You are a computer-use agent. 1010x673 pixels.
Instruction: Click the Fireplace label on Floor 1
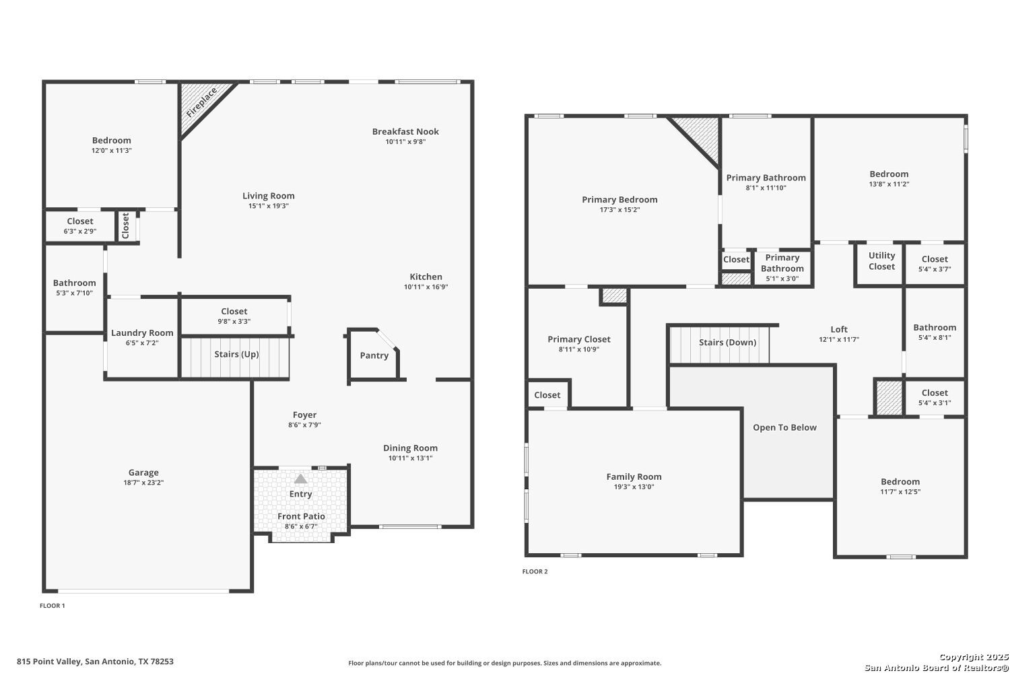pyautogui.click(x=201, y=102)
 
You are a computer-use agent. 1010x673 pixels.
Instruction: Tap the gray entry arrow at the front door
pyautogui.click(x=301, y=479)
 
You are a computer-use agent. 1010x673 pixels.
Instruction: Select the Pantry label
pyautogui.click(x=374, y=355)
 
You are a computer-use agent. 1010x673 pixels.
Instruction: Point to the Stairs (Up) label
pyautogui.click(x=236, y=354)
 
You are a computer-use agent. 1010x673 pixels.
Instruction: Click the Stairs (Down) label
pyautogui.click(x=728, y=342)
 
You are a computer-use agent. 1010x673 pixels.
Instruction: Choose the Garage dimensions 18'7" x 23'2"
pyautogui.click(x=143, y=483)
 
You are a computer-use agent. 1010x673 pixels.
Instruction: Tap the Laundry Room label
pyautogui.click(x=142, y=332)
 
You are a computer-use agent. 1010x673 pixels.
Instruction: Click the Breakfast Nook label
pyautogui.click(x=405, y=131)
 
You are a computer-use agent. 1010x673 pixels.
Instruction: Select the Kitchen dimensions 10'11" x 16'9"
pyautogui.click(x=426, y=287)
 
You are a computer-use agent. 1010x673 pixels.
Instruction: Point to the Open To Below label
pyautogui.click(x=784, y=427)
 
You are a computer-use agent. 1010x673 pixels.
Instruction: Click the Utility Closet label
pyautogui.click(x=882, y=261)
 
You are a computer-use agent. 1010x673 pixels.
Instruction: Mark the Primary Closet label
pyautogui.click(x=579, y=339)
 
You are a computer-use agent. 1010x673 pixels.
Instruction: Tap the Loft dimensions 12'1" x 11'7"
pyautogui.click(x=839, y=339)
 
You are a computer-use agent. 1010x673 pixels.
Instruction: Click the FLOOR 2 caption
pyautogui.click(x=535, y=571)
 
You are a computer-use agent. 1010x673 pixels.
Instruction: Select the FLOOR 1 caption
pyautogui.click(x=53, y=606)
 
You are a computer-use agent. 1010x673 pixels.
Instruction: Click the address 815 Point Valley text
pyautogui.click(x=50, y=662)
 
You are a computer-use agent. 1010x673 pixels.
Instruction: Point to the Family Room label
pyautogui.click(x=634, y=476)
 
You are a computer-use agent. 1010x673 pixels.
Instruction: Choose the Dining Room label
pyautogui.click(x=410, y=448)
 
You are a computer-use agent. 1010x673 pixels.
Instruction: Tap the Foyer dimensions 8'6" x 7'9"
pyautogui.click(x=305, y=425)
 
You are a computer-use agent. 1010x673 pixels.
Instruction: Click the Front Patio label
pyautogui.click(x=301, y=516)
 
